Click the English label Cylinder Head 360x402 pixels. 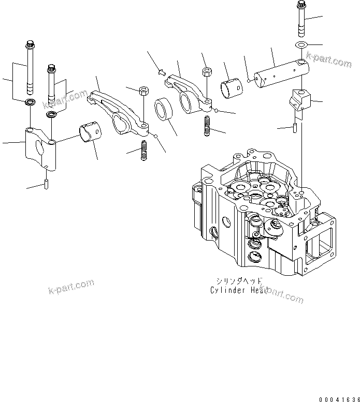pyautogui.click(x=239, y=291)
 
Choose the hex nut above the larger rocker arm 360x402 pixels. pyautogui.click(x=143, y=91)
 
